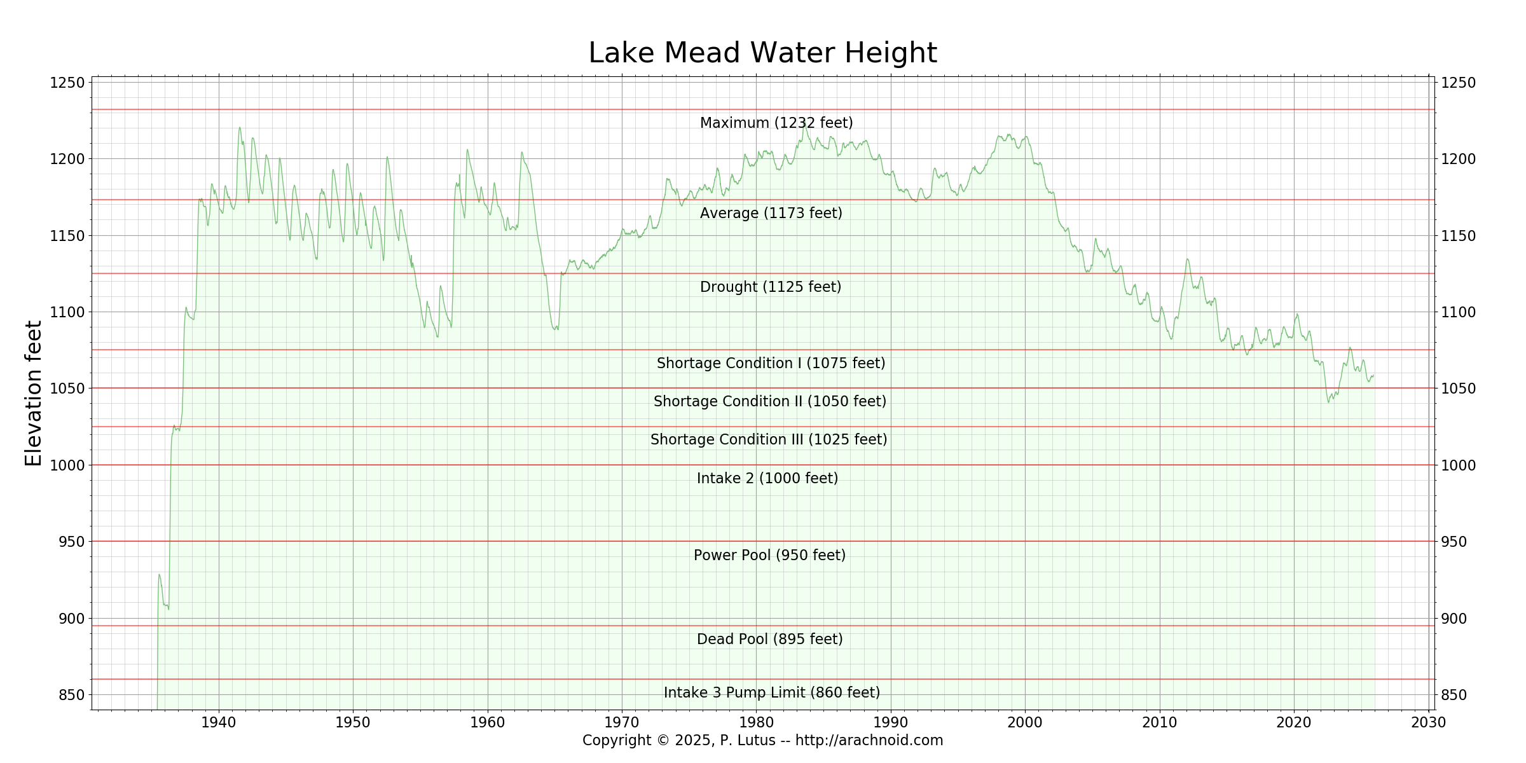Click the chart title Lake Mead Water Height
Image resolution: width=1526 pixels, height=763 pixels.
pyautogui.click(x=762, y=53)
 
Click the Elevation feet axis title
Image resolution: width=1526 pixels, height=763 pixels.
pyautogui.click(x=33, y=394)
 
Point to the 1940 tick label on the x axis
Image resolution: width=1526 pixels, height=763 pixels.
pyautogui.click(x=219, y=722)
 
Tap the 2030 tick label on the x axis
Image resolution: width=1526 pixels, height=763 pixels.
pyautogui.click(x=1428, y=722)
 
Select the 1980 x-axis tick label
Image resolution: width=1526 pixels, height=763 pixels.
pyautogui.click(x=756, y=722)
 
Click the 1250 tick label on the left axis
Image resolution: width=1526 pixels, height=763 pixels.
pyautogui.click(x=67, y=83)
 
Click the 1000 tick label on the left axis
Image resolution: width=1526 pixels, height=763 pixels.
pyautogui.click(x=67, y=465)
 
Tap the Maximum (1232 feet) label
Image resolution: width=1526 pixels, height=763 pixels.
pyautogui.click(x=776, y=123)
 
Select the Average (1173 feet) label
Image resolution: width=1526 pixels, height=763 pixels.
pyautogui.click(x=771, y=213)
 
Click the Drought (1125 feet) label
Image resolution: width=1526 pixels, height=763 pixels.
pyautogui.click(x=770, y=287)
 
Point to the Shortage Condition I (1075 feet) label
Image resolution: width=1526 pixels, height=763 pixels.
pyautogui.click(x=771, y=363)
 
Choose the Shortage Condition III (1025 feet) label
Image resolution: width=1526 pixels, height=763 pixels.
pyautogui.click(x=768, y=439)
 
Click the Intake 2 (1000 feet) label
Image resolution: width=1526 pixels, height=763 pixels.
pyautogui.click(x=767, y=478)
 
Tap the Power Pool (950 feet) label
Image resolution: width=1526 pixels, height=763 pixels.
pyautogui.click(x=769, y=555)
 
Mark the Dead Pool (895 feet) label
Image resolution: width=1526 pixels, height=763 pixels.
pyautogui.click(x=769, y=639)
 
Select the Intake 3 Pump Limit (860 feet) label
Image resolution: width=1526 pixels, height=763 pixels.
pyautogui.click(x=771, y=692)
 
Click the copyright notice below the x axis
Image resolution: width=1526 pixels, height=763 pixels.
pyautogui.click(x=762, y=740)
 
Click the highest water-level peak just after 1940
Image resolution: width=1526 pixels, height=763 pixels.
pyautogui.click(x=240, y=127)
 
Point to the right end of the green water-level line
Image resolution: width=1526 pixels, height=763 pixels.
pyautogui.click(x=1373, y=376)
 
